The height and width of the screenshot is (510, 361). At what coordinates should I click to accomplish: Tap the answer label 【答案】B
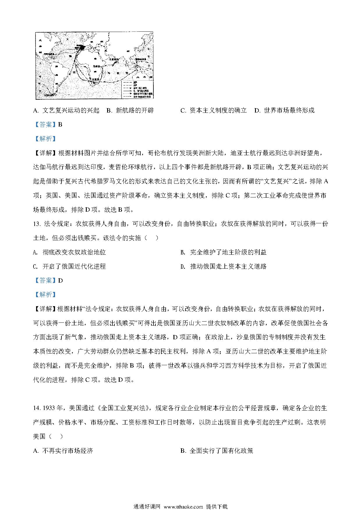[48, 125]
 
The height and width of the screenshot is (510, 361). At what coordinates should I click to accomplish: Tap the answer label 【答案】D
[48, 281]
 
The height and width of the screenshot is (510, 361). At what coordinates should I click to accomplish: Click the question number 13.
[36, 224]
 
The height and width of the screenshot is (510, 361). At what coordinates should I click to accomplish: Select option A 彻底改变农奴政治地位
[70, 252]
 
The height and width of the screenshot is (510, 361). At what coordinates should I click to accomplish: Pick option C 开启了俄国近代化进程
[70, 266]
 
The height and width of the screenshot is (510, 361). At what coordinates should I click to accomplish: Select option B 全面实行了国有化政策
[217, 451]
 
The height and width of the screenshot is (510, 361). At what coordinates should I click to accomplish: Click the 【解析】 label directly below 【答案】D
[45, 295]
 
